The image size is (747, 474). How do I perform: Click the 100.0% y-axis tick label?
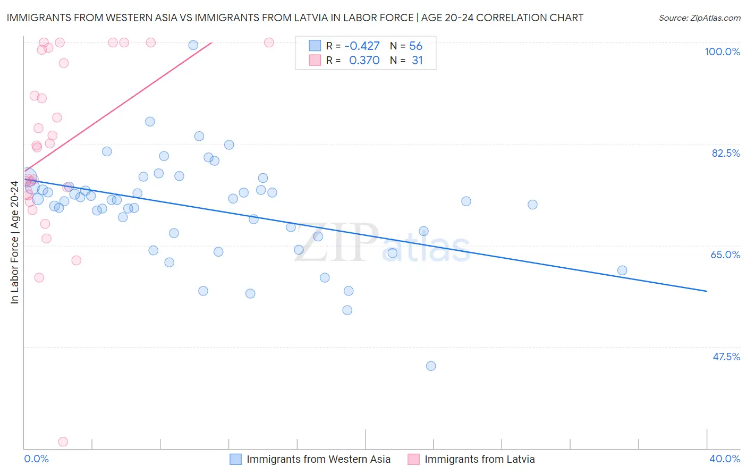[x=722, y=52]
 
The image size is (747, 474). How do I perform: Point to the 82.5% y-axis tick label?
[x=725, y=153]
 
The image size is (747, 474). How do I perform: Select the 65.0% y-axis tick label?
[x=725, y=255]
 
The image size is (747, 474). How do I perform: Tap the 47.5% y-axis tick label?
[x=726, y=357]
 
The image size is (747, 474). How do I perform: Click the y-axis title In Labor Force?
[x=14, y=242]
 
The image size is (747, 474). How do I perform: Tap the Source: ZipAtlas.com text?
[x=699, y=18]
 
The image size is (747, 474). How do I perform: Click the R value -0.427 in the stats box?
[x=362, y=46]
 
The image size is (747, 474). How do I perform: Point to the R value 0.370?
[x=364, y=61]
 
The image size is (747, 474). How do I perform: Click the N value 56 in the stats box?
[x=415, y=46]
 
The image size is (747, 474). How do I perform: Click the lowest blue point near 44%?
[x=431, y=366]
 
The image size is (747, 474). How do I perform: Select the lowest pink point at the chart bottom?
[x=63, y=442]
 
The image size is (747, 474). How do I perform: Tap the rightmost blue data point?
[x=622, y=270]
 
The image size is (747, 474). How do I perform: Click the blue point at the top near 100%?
[x=193, y=45]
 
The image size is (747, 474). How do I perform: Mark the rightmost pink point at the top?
[x=269, y=43]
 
